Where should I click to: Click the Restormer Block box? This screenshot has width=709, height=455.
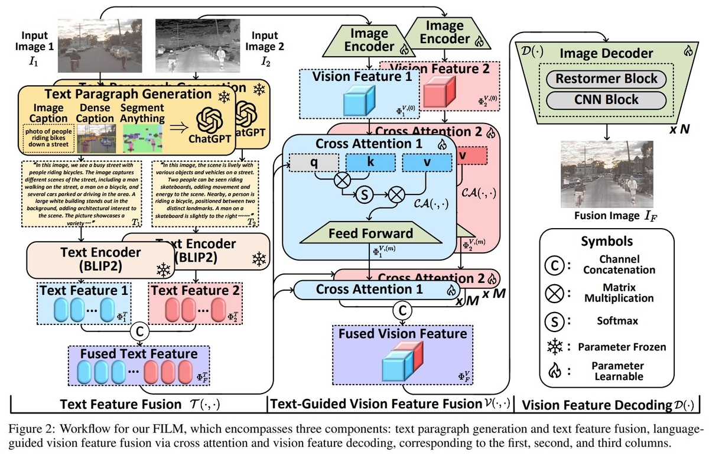pos(607,79)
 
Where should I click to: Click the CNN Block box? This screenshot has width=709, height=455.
pos(607,99)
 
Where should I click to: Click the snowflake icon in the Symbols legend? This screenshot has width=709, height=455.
pos(557,347)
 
